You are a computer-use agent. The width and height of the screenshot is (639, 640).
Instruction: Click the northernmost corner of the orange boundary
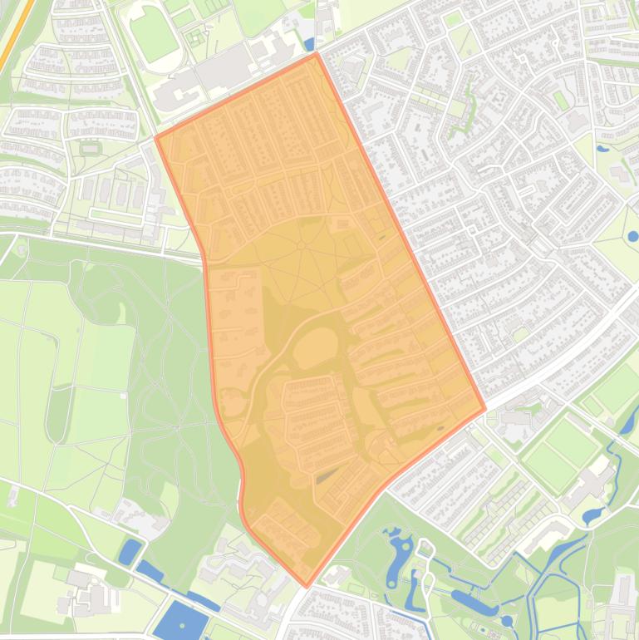[x=316, y=54]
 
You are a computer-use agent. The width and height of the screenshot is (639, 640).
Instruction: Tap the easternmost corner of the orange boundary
[x=485, y=408]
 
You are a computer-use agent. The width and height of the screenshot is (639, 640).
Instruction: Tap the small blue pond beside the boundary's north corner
[x=309, y=44]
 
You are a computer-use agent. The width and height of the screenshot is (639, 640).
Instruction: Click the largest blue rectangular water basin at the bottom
[x=180, y=621]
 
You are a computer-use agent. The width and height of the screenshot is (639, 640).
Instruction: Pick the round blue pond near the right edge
[x=632, y=236]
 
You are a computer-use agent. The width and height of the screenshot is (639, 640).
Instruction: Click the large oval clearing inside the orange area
[x=312, y=347]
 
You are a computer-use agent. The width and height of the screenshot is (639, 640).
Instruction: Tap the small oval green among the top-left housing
[x=90, y=148]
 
